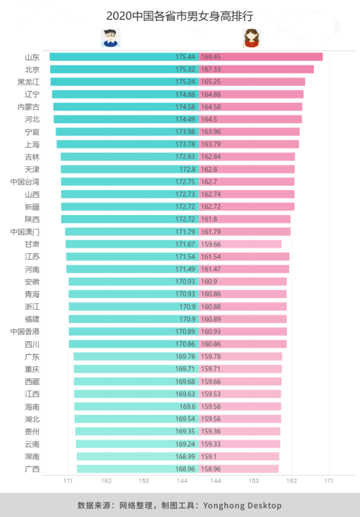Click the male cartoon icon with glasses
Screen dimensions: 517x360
(110, 38)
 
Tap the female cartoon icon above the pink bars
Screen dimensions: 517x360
(252, 38)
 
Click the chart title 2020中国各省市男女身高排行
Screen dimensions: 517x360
(180, 15)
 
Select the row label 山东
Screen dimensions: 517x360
(32, 57)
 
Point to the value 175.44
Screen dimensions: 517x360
(185, 57)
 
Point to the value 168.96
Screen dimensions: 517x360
(185, 469)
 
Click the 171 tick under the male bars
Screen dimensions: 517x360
(68, 481)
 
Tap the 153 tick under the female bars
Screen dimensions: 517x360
(254, 481)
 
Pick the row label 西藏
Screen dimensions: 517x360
(32, 382)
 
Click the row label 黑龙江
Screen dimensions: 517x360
(28, 81)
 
